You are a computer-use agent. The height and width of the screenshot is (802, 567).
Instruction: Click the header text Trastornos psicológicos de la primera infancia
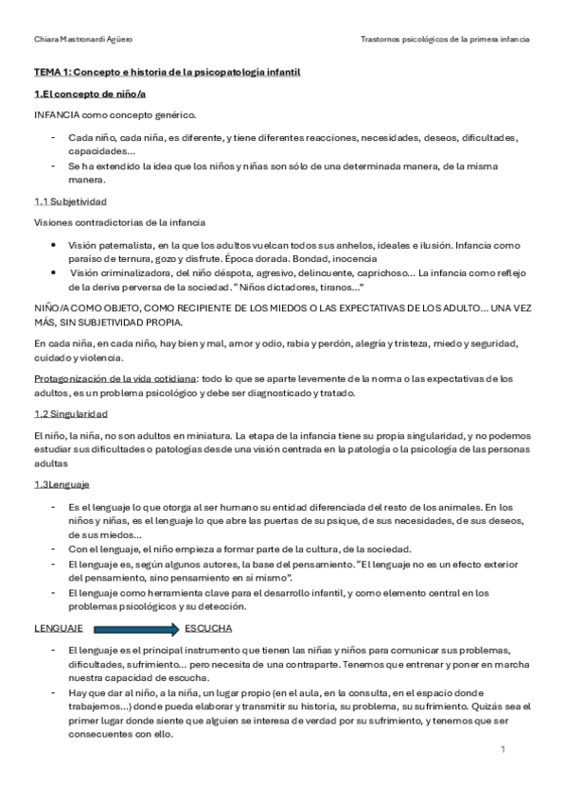(x=446, y=40)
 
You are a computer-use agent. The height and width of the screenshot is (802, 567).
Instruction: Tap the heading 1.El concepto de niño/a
(x=90, y=94)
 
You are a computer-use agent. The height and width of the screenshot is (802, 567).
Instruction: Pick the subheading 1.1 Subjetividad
(x=70, y=202)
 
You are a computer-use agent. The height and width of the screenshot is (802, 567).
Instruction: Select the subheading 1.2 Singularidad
(x=71, y=414)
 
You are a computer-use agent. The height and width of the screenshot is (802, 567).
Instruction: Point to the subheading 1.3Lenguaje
(x=62, y=484)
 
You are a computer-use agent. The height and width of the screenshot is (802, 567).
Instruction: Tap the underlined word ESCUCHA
(x=209, y=628)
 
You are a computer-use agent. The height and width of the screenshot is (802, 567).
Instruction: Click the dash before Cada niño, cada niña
(x=54, y=137)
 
